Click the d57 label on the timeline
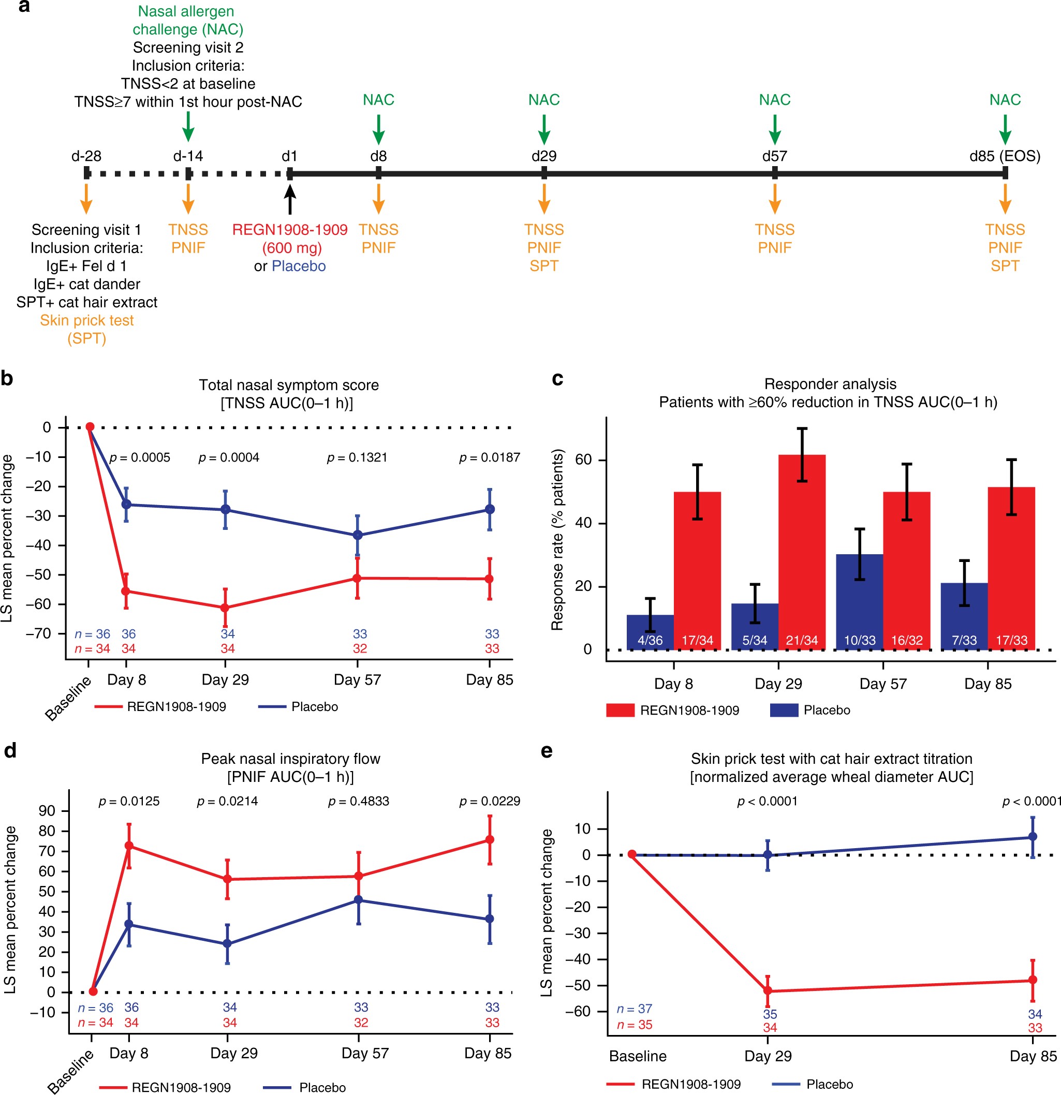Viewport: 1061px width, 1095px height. [x=774, y=156]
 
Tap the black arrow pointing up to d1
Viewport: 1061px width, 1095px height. [x=289, y=199]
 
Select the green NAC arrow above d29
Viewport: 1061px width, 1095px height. [x=543, y=129]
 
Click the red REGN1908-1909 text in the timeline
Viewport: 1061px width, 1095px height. [x=289, y=230]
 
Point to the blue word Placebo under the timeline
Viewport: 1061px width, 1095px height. [x=298, y=266]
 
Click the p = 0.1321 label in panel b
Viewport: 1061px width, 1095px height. [x=357, y=457]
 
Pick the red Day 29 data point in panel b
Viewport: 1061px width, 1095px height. [x=225, y=608]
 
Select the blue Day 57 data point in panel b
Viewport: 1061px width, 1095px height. [x=358, y=535]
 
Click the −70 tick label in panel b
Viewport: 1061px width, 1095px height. [x=38, y=633]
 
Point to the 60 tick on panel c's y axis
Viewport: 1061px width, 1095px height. [x=584, y=460]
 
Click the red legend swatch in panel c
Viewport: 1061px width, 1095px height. [x=620, y=710]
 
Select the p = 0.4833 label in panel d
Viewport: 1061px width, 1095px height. [x=358, y=801]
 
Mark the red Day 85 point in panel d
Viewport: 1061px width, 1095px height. [x=490, y=840]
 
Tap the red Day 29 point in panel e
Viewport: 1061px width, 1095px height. [x=768, y=991]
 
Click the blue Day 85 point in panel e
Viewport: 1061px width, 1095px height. [x=1033, y=837]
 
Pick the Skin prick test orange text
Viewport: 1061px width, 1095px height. [x=86, y=320]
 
